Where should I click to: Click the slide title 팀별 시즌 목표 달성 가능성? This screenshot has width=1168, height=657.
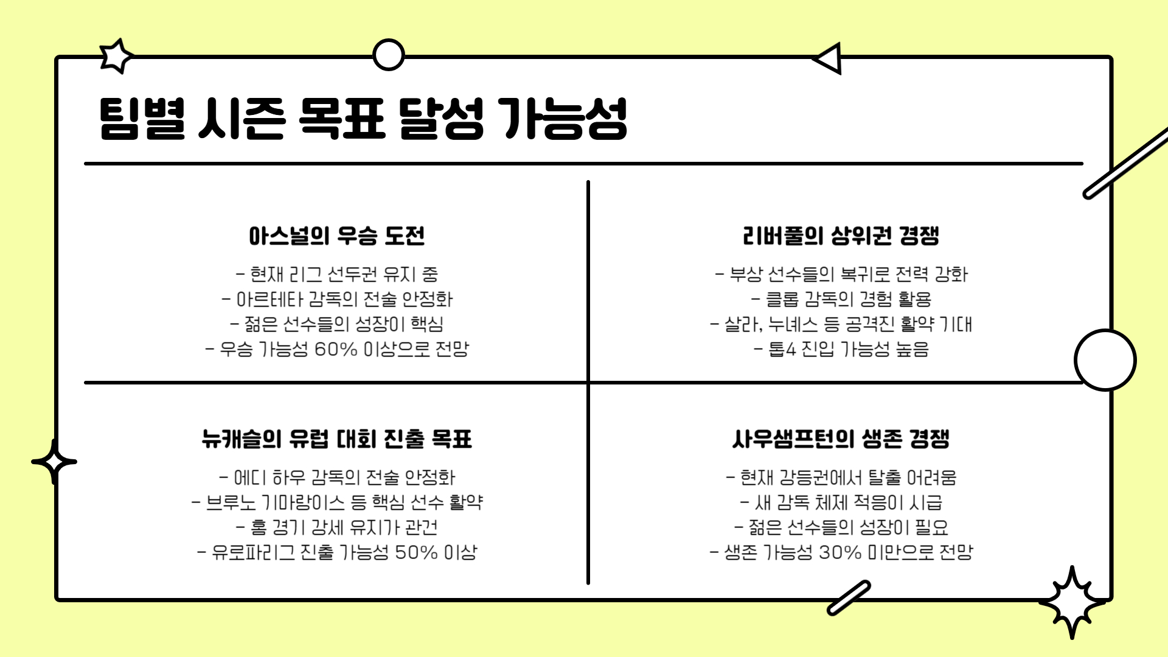pos(363,119)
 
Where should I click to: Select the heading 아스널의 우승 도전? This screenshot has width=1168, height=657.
pos(336,236)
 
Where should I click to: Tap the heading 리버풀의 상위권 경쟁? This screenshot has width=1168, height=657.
pos(841,236)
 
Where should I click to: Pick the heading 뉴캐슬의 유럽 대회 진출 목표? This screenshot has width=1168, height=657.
pos(336,439)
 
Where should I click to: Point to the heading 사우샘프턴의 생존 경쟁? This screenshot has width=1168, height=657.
pos(841,439)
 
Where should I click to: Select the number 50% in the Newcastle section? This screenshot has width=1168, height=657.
pos(416,553)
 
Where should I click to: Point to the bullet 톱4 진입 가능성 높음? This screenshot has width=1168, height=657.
pos(841,350)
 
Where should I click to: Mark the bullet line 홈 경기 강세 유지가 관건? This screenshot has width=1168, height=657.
pos(337,527)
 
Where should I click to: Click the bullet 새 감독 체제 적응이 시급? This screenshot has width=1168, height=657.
pos(841,503)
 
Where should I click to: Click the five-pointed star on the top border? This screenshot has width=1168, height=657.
pos(116,56)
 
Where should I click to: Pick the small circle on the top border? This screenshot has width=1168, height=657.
pos(388,55)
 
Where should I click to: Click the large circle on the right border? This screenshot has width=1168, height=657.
pos(1105,360)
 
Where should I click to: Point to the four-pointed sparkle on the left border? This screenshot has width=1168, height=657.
pos(54,462)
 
